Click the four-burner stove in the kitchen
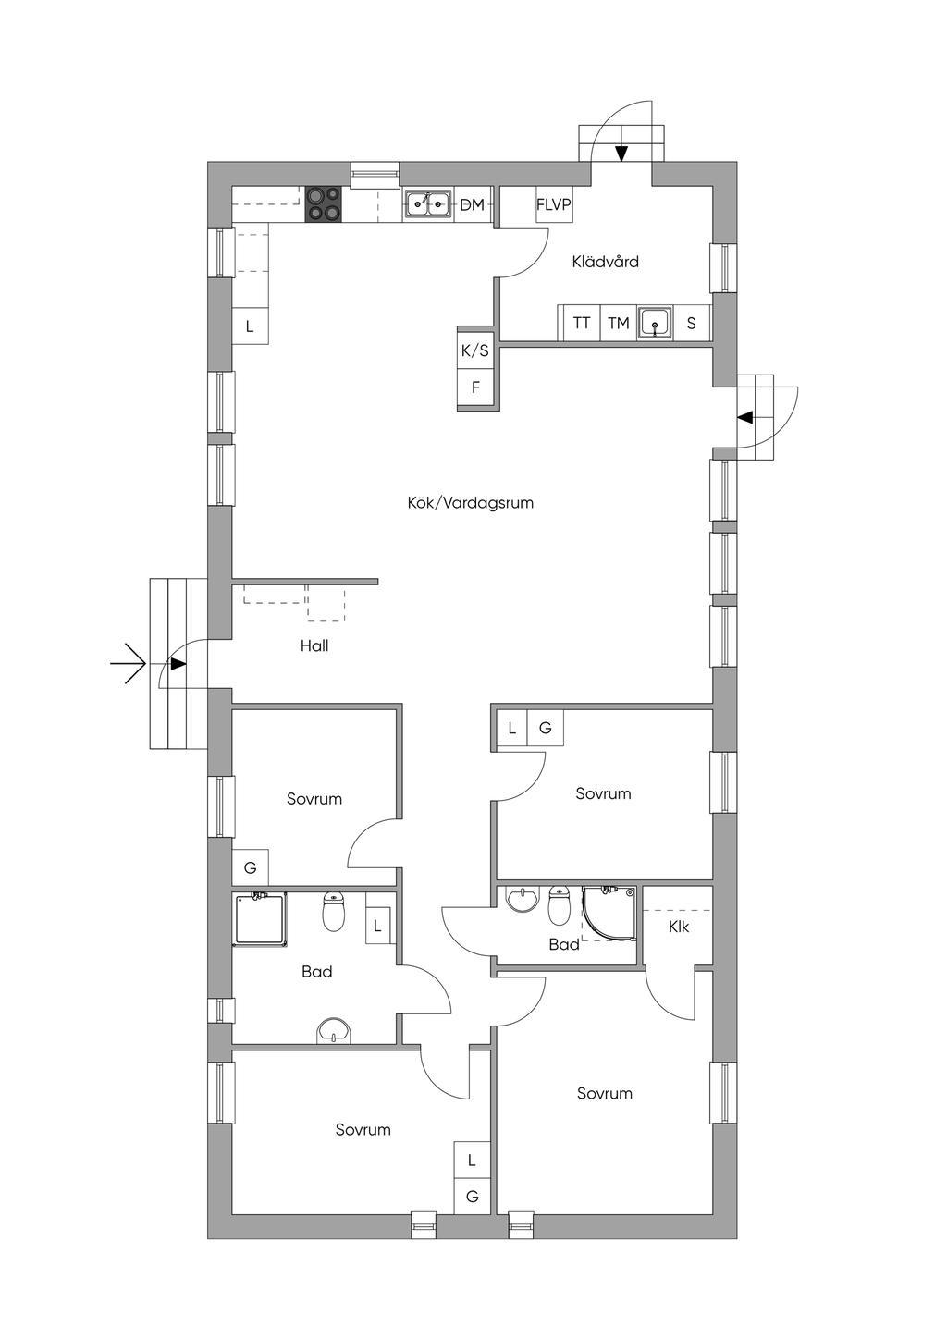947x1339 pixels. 324,204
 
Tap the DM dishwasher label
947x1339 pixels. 473,205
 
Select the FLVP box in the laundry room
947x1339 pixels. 554,204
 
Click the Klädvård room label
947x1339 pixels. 605,262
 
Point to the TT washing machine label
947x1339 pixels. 581,323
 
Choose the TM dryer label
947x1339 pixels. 619,323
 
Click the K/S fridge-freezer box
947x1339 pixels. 475,350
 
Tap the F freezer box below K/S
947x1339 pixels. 475,388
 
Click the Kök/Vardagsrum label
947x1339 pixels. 471,503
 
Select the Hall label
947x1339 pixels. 314,645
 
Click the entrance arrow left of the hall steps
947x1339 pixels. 129,664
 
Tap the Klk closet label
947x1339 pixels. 679,927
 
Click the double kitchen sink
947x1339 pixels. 427,204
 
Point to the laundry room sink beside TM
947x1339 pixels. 656,323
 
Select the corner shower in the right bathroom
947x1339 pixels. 609,914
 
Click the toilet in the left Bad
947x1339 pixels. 333,912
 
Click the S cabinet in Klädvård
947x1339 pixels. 692,323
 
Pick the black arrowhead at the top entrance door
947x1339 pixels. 621,154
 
